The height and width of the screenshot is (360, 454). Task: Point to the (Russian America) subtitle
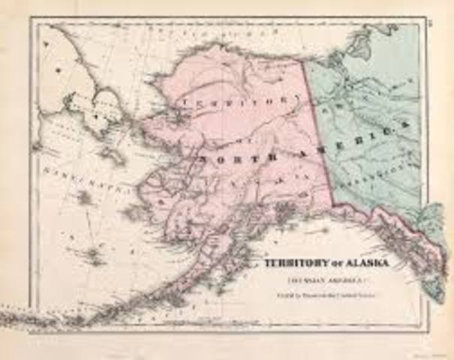tap(318, 277)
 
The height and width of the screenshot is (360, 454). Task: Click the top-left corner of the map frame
tap(32, 19)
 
